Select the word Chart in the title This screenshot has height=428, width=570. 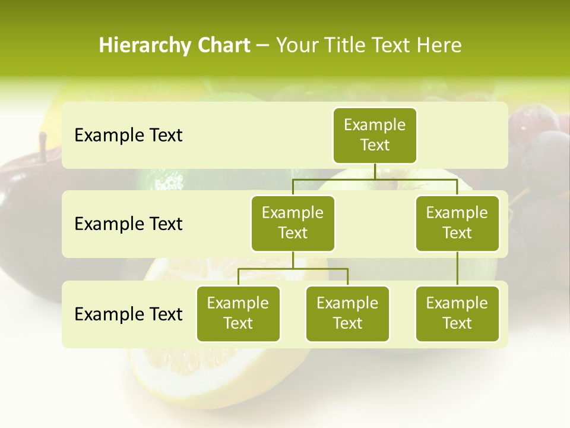pos(223,46)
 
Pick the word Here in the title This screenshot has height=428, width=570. pos(439,46)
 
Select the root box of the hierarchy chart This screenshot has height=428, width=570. pos(375,135)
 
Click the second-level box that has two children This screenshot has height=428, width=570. pos(293,223)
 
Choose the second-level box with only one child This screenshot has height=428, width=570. pos(457,223)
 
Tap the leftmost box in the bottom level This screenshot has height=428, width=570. pos(238,313)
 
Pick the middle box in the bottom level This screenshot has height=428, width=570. pos(347,313)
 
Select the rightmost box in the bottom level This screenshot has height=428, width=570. pos(457,313)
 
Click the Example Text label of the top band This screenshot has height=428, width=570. pos(128,135)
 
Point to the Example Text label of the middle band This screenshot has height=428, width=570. pos(128,224)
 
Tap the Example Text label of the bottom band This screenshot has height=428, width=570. pos(128,314)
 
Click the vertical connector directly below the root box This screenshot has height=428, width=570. pos(375,171)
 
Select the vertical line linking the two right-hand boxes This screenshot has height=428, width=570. pos(457,269)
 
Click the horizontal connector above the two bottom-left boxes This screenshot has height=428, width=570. pos(293,269)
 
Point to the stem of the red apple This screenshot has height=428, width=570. pos(43,143)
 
